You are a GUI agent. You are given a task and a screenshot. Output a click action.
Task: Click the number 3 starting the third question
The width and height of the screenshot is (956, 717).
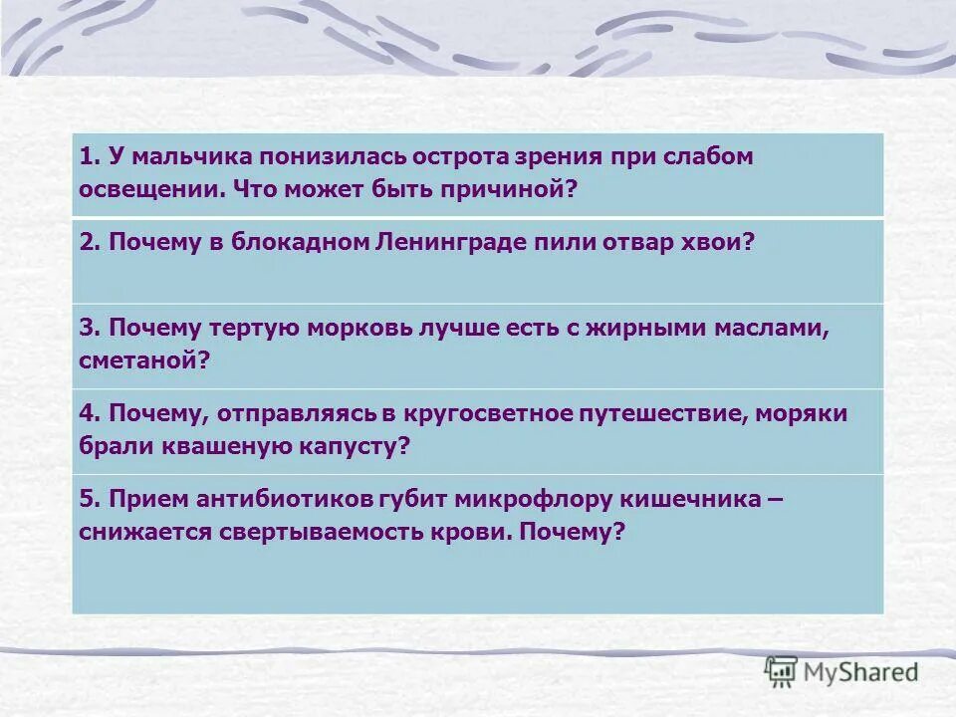click(x=86, y=329)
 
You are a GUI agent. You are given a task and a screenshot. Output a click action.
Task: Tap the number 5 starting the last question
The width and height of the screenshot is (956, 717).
click(x=86, y=500)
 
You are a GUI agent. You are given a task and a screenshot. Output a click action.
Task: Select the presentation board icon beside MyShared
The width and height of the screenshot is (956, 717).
click(x=782, y=672)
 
